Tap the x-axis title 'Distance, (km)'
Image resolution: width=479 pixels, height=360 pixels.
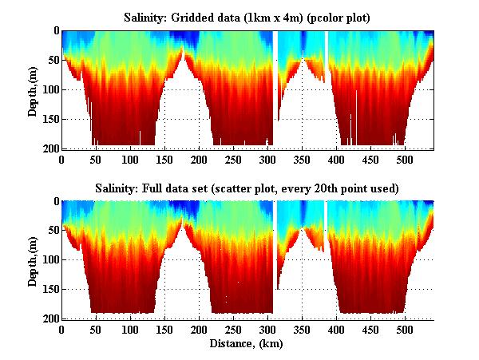pos(247,344)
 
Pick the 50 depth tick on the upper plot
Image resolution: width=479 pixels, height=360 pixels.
pos(50,60)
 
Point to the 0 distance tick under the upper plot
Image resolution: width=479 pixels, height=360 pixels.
pos(61,159)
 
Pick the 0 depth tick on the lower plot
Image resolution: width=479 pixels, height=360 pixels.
pos(53,202)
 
